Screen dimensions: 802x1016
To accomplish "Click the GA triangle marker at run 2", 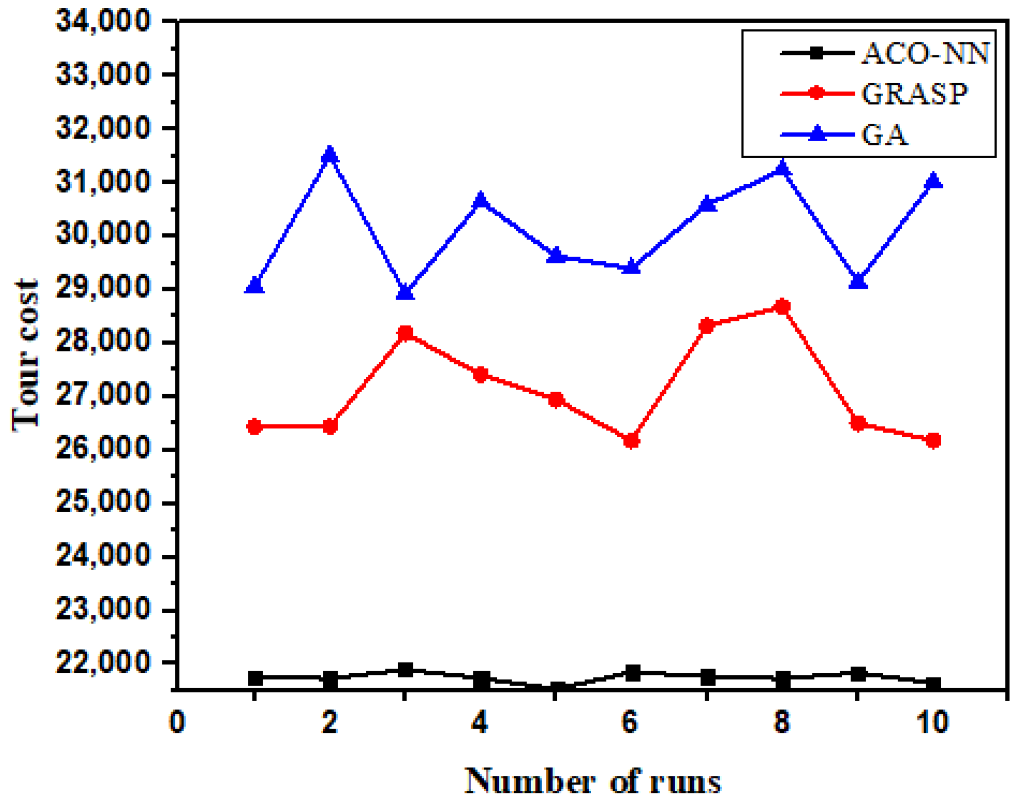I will coord(330,155).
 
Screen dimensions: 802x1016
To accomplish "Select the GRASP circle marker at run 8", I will coord(782,306).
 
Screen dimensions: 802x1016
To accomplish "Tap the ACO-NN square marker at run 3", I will coord(405,670).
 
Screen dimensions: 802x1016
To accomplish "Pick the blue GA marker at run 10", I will coord(933,181).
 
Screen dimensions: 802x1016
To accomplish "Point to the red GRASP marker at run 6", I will coord(631,441).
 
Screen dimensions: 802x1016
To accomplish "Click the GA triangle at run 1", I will coord(255,285).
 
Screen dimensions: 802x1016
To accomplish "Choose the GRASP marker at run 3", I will coord(405,333).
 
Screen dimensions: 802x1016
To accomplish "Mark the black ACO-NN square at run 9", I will coord(858,674).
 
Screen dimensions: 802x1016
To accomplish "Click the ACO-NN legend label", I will coord(925,53).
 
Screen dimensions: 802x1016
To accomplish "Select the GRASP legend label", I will coord(914,94).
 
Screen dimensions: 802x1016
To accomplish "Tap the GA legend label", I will coord(884,135).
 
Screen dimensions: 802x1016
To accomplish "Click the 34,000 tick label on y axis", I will coord(103,21).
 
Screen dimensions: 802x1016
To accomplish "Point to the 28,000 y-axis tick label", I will coord(103,343).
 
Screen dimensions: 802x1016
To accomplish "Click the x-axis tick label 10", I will coord(932,723).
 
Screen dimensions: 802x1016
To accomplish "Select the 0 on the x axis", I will coord(177,723).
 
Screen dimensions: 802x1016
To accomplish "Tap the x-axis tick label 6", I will coord(630,723).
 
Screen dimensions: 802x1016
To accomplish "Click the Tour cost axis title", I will coord(26,355).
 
